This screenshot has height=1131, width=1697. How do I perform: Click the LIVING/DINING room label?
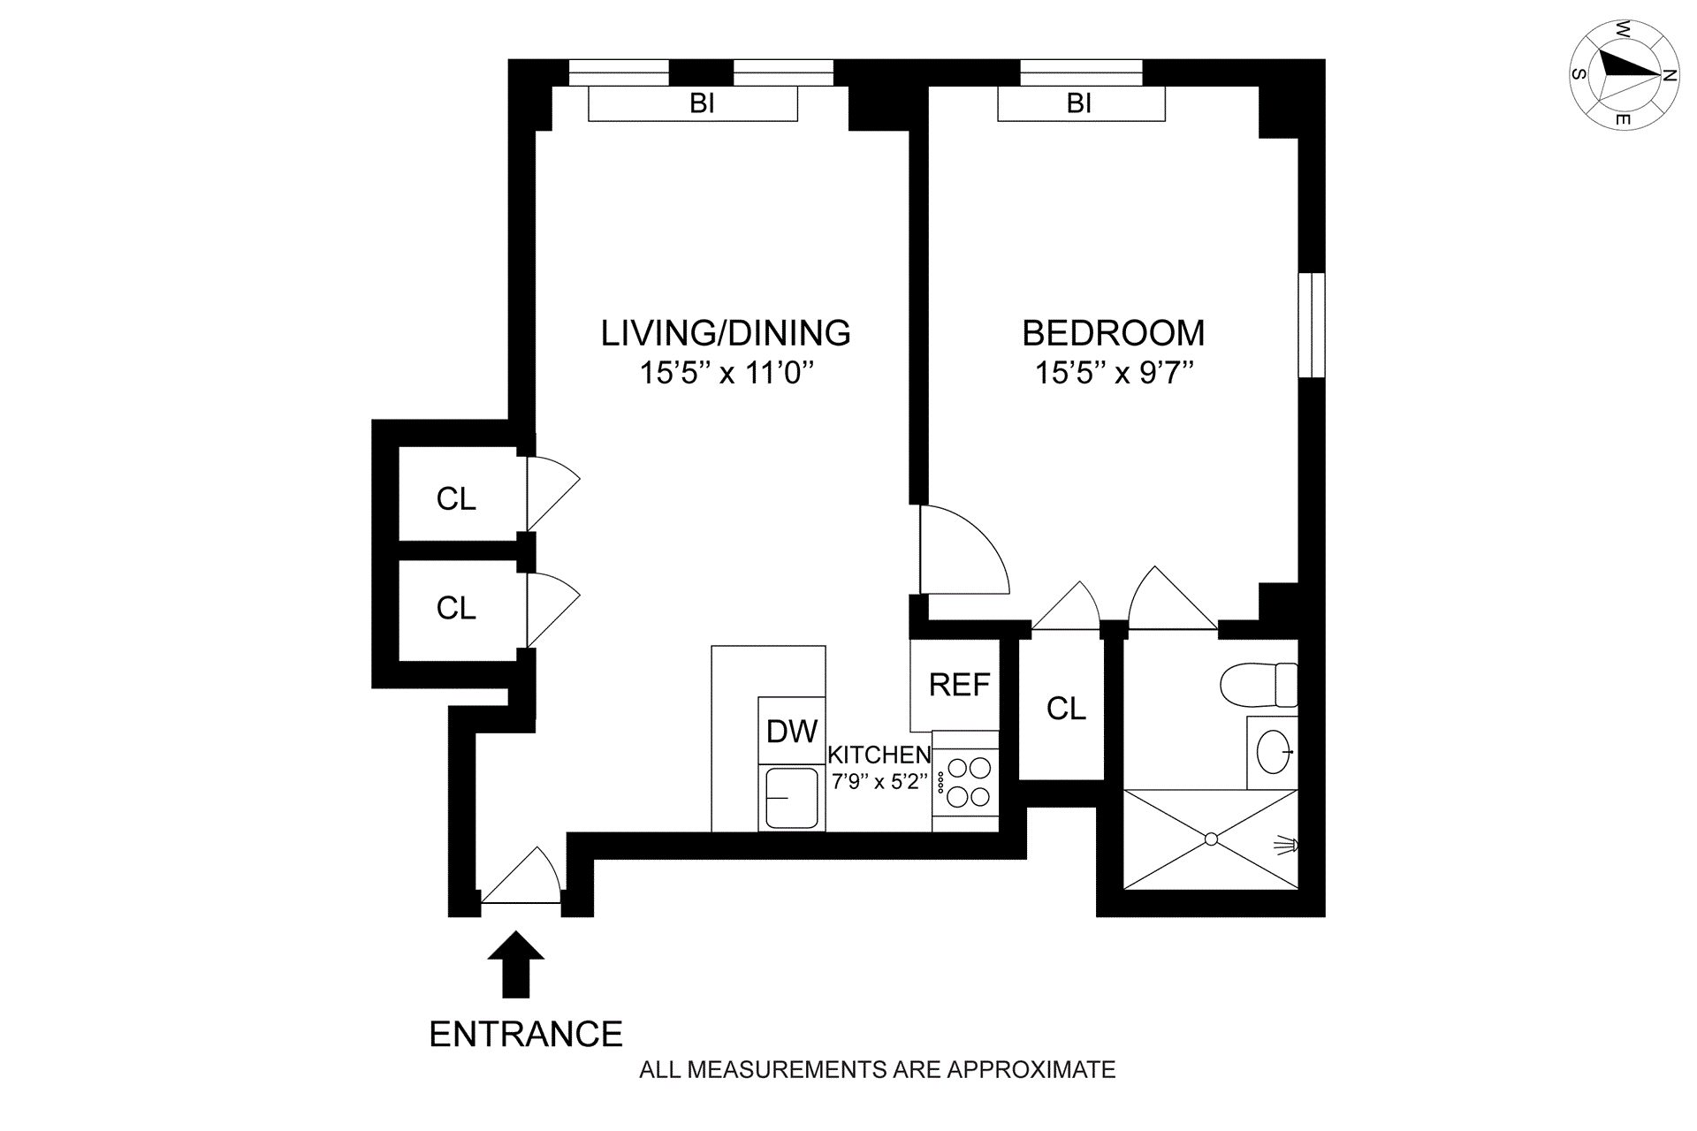[726, 333]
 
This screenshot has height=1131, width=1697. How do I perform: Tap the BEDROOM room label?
[1114, 333]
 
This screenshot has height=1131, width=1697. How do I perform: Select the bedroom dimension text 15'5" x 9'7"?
[1115, 373]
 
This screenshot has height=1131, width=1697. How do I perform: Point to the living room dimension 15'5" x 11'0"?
[726, 373]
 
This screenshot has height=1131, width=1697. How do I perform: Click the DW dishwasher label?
[792, 732]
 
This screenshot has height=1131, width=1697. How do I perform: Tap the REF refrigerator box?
[955, 685]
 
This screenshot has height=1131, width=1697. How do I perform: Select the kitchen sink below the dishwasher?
[791, 797]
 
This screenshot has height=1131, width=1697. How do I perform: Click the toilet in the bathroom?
[1259, 685]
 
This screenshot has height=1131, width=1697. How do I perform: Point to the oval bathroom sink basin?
[1273, 752]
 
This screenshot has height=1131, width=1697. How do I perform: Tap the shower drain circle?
[1211, 839]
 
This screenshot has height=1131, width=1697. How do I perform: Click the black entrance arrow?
[516, 964]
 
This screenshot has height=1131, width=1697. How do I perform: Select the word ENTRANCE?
[526, 1034]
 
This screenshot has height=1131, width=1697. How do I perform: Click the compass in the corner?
[1624, 74]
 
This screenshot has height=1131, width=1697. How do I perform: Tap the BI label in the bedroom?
[1079, 103]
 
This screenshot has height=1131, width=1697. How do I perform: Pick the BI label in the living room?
[702, 103]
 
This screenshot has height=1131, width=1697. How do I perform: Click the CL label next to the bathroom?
[1066, 709]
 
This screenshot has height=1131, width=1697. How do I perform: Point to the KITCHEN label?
[879, 755]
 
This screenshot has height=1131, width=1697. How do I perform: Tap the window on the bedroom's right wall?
[1312, 325]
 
